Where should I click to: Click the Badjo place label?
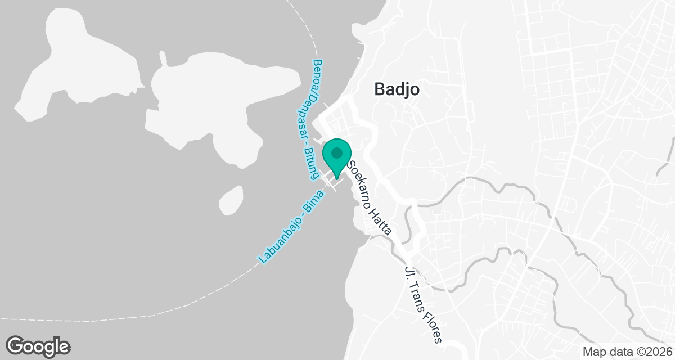click(x=397, y=89)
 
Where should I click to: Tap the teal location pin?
click(x=337, y=157)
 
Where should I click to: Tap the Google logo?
click(x=38, y=345)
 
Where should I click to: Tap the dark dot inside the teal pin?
click(x=337, y=152)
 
